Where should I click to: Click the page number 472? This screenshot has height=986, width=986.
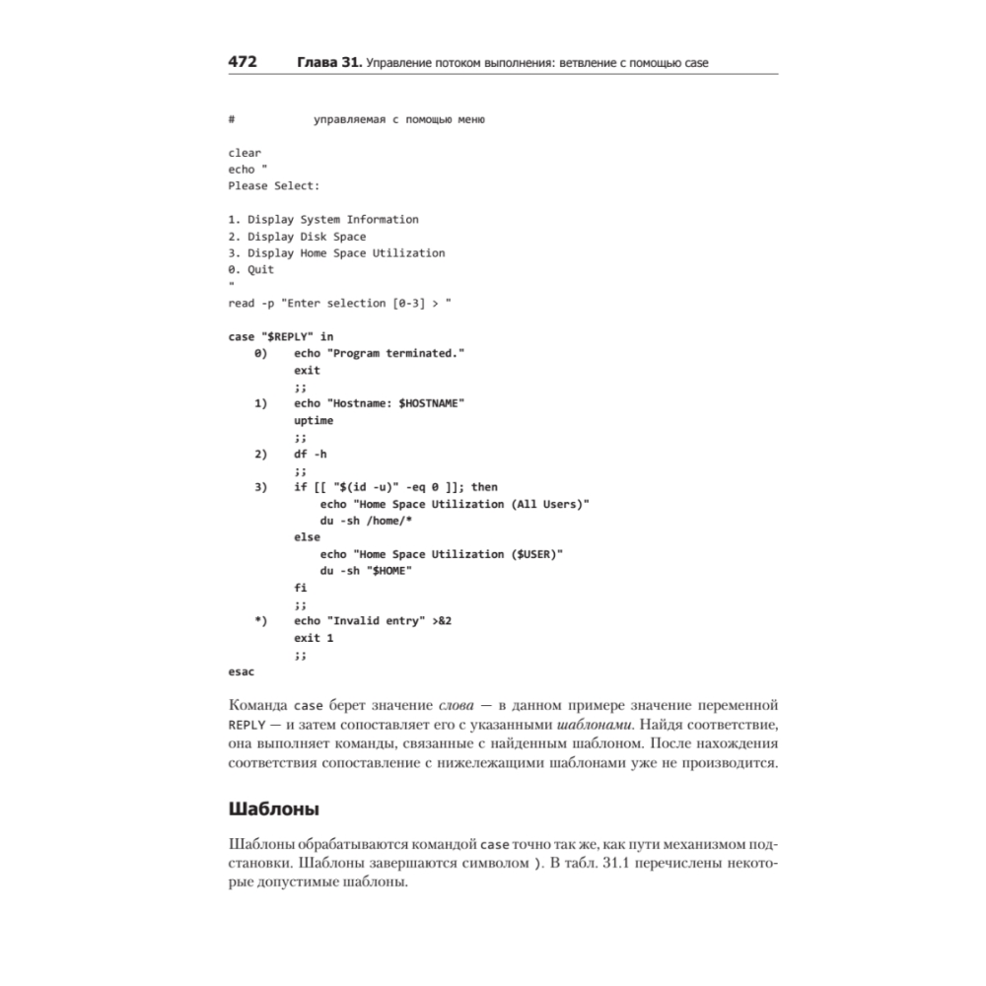(x=243, y=63)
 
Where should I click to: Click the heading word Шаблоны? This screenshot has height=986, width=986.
(x=273, y=810)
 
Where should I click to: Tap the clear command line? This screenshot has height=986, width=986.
(x=245, y=153)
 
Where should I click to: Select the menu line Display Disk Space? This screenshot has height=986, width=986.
(x=297, y=237)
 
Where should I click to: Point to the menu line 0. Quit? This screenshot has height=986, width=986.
(x=251, y=269)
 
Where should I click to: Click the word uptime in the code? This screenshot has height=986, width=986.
(x=314, y=420)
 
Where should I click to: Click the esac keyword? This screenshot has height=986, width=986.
(x=242, y=671)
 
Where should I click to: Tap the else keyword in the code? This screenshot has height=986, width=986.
(x=307, y=537)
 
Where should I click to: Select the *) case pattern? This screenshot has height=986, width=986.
(x=260, y=621)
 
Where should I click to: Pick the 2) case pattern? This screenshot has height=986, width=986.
(x=260, y=454)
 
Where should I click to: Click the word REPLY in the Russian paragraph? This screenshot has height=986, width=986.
(x=245, y=726)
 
